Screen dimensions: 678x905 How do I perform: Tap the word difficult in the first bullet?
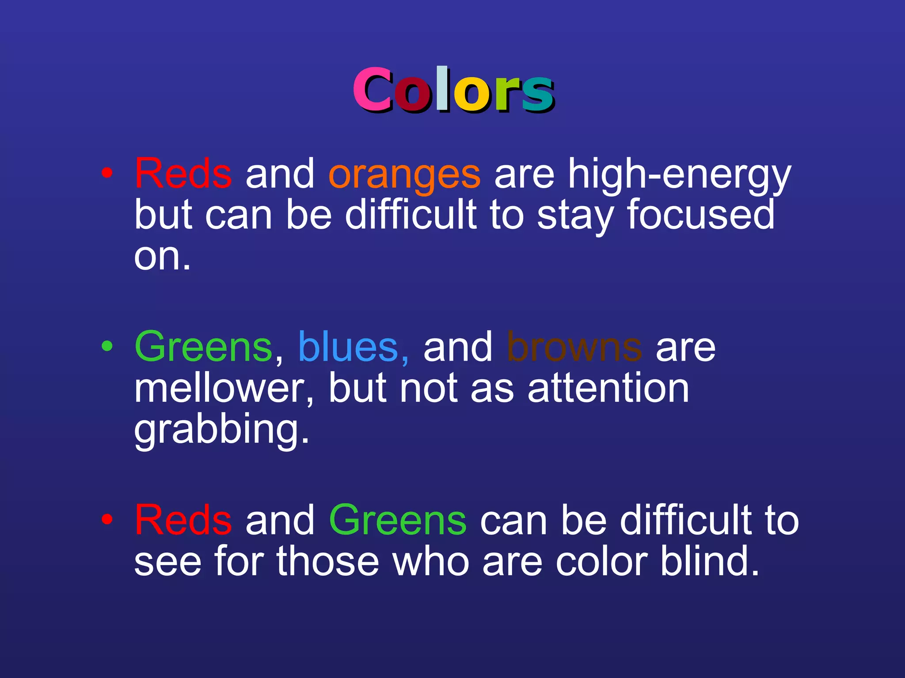(411, 215)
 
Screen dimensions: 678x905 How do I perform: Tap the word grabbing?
(221, 430)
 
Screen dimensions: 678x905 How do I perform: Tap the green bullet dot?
(106, 346)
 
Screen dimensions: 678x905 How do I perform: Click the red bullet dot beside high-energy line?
(106, 173)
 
